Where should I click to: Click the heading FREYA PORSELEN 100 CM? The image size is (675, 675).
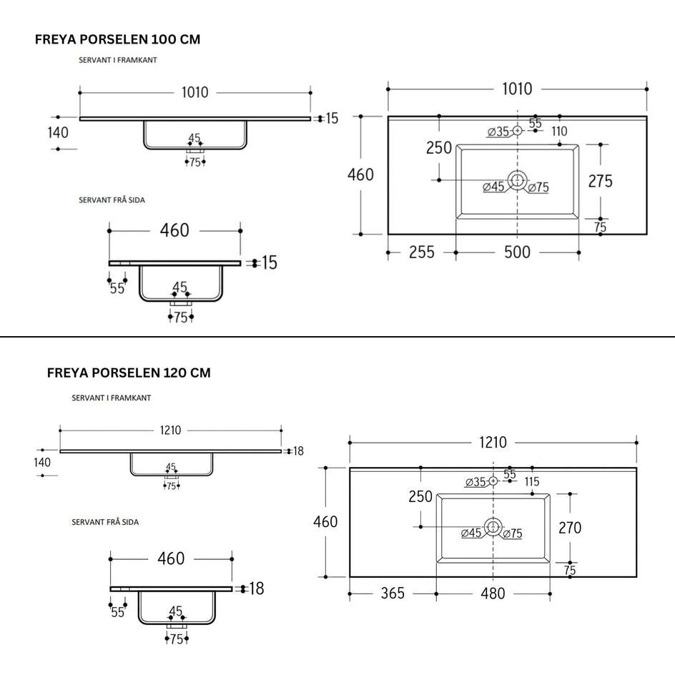click(117, 39)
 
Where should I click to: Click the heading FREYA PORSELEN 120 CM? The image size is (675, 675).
click(129, 373)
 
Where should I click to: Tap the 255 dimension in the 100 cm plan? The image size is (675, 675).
click(421, 252)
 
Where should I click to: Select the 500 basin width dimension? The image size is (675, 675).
click(517, 252)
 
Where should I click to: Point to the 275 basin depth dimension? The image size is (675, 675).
click(600, 181)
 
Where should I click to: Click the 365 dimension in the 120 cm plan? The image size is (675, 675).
click(393, 593)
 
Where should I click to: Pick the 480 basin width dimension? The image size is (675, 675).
click(493, 593)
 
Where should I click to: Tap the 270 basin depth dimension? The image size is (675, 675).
click(570, 528)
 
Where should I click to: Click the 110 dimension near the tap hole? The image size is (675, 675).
click(560, 132)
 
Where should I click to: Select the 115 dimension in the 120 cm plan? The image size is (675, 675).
click(532, 482)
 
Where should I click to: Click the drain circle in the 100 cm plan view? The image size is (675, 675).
click(517, 180)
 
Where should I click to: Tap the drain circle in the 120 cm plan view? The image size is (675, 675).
click(493, 527)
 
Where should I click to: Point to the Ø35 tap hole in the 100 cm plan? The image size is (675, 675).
click(517, 130)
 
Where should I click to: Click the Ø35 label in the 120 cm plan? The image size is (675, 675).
click(476, 482)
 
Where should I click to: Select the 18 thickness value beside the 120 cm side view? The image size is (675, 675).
click(257, 588)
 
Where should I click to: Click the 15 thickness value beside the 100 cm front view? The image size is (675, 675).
click(332, 119)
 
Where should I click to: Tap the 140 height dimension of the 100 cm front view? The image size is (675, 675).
click(58, 132)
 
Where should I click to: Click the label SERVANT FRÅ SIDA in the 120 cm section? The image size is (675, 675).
click(105, 522)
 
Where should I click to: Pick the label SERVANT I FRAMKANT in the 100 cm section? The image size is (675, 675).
click(117, 60)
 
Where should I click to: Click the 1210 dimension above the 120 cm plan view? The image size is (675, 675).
click(493, 443)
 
